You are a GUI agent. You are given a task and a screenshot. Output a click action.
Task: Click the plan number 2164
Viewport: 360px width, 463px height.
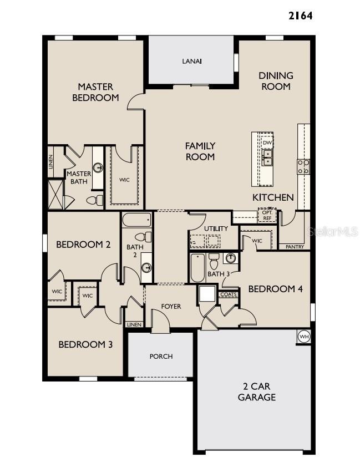[x=300, y=16]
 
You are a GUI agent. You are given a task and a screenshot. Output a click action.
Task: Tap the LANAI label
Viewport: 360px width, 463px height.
[x=191, y=61]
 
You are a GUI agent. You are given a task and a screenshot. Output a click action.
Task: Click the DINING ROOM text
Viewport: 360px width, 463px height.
[x=275, y=81]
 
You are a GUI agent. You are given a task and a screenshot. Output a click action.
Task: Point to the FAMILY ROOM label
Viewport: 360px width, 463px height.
[x=200, y=151]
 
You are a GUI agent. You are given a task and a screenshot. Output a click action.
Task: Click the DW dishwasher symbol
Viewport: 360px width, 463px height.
[x=267, y=143]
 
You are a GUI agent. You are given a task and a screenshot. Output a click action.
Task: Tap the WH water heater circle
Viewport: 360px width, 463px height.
[x=303, y=336]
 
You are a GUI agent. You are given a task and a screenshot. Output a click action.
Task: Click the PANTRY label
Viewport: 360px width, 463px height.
[x=294, y=247]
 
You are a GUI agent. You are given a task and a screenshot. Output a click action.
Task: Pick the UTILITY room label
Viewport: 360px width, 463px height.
[x=216, y=228]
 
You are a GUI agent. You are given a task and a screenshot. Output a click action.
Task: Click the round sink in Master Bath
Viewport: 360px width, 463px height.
[x=98, y=167]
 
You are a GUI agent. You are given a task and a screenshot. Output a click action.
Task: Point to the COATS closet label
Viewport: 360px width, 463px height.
[x=229, y=294]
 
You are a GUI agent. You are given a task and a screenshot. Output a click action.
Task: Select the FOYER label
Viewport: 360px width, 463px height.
[x=171, y=307]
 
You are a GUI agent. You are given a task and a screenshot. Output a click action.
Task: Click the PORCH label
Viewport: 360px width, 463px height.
[x=161, y=357]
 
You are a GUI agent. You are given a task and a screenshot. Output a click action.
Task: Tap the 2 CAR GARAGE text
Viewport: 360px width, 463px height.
[x=257, y=391]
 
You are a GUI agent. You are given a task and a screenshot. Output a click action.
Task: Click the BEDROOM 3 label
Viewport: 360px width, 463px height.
[x=85, y=344]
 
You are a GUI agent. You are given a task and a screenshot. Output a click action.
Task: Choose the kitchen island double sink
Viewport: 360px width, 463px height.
[x=267, y=158]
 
